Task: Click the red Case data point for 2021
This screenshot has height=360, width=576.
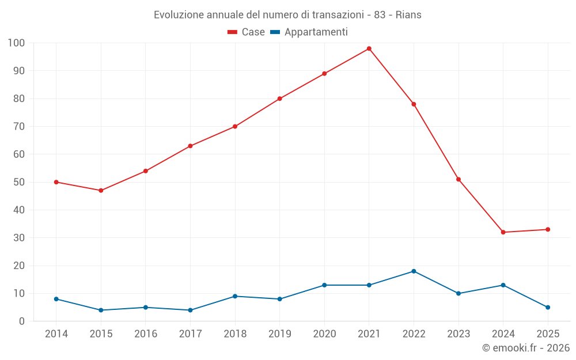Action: (369, 48)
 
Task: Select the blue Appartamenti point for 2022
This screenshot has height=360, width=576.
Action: (414, 271)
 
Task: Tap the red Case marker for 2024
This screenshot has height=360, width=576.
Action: (503, 232)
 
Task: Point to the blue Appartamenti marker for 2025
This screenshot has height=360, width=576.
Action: (548, 307)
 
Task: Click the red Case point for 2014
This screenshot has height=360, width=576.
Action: (56, 182)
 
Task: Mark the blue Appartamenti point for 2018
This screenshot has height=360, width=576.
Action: (235, 296)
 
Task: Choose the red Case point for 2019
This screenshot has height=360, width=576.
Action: (280, 98)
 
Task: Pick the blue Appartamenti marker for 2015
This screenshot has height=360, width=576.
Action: (101, 310)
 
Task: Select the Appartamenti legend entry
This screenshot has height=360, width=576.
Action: (316, 32)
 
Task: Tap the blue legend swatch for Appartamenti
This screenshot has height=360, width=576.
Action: (275, 32)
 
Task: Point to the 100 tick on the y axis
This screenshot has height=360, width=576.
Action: (16, 43)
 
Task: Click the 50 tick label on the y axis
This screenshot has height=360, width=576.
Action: (19, 182)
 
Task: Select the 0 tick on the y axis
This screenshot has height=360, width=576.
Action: (22, 321)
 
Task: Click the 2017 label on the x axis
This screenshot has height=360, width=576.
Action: (190, 334)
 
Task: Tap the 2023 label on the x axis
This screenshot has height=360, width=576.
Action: (458, 334)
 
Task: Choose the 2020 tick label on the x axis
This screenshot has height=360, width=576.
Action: (324, 334)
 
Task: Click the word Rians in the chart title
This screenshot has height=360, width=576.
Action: (408, 15)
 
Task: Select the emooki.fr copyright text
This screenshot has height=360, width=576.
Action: (526, 348)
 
